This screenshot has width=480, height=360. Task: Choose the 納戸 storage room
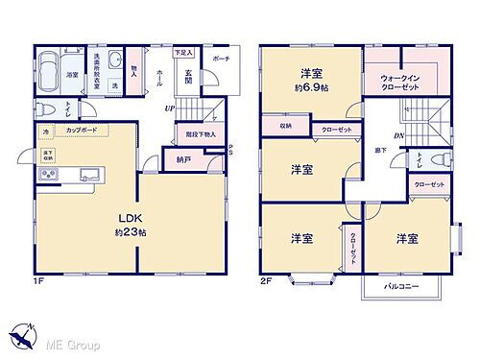point(182,158)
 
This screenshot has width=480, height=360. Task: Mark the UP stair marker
point(170,108)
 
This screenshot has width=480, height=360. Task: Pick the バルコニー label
point(399,287)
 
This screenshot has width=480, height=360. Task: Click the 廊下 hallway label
point(381,151)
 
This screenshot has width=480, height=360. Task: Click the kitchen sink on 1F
point(89,174)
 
